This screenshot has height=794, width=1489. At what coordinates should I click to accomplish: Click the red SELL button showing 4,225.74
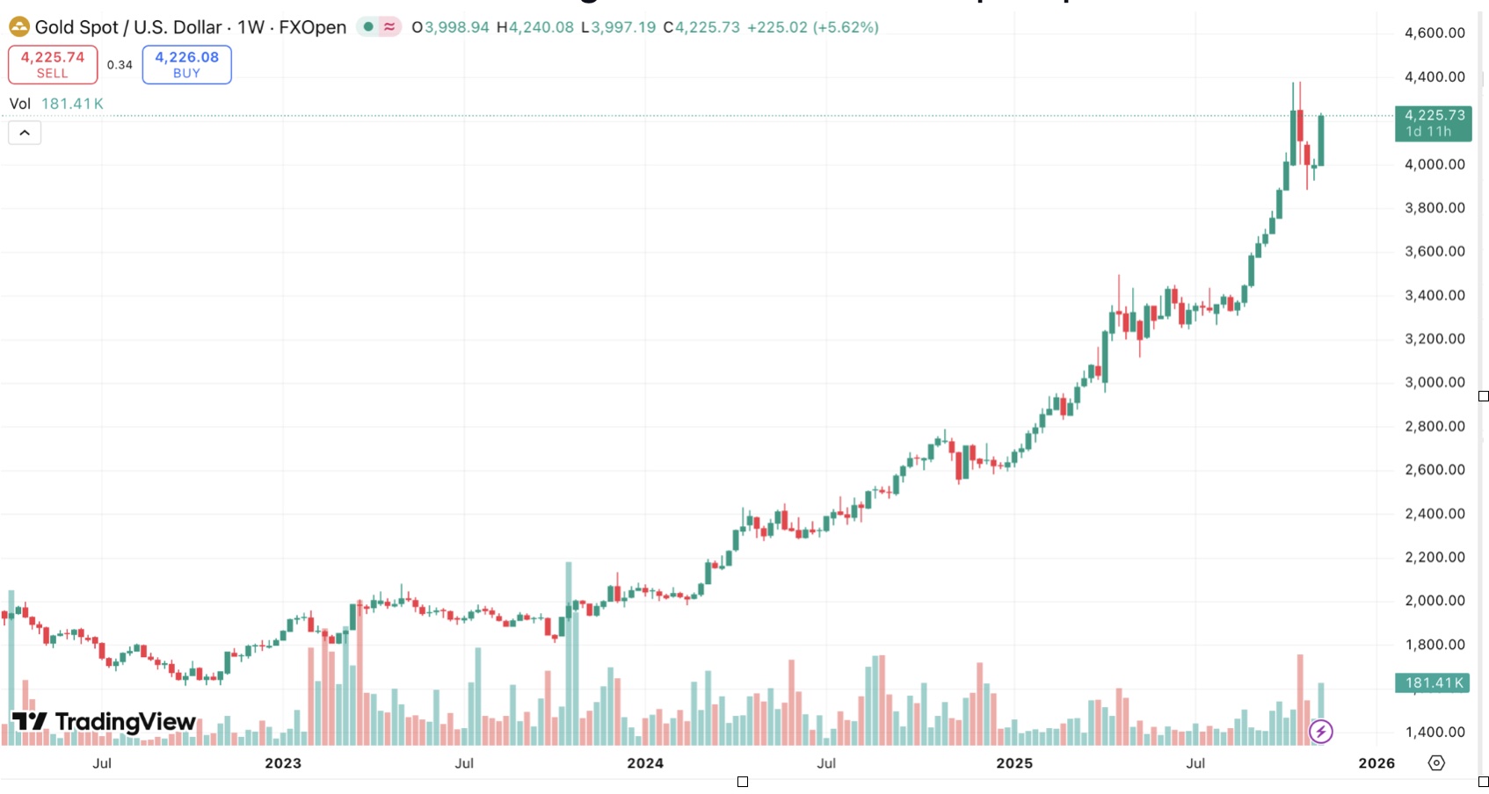coord(53,64)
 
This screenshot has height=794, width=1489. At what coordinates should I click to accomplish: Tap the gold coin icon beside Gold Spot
coord(18,27)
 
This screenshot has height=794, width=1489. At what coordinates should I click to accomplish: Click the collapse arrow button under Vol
coord(25,133)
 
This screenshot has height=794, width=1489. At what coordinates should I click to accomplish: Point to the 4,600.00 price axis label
coord(1435,33)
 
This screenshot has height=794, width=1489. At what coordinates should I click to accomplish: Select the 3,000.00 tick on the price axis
coord(1435,382)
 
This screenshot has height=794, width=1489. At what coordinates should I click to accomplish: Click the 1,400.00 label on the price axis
coord(1435,732)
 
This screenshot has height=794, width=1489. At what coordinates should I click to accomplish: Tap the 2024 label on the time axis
coord(645,763)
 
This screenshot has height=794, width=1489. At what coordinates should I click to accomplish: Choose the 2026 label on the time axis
coord(1376,763)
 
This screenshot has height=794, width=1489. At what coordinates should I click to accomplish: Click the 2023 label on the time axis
coord(283,763)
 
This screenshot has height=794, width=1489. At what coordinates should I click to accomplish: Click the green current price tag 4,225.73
coord(1434,123)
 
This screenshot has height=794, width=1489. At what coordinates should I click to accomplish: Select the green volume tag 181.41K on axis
coord(1433,682)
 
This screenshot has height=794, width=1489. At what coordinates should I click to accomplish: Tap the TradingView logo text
coord(125,722)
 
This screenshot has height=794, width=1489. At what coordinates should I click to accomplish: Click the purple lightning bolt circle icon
coord(1320,732)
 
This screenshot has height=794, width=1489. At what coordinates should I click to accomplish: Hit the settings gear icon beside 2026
coord(1436,763)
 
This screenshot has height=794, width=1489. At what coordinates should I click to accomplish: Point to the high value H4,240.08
coord(535,27)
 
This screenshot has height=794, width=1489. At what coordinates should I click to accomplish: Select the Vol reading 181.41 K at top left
coord(72,104)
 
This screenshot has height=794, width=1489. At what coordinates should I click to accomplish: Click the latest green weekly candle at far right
coord(1321,141)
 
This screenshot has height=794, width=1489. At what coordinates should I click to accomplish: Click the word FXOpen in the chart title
coord(313,27)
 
